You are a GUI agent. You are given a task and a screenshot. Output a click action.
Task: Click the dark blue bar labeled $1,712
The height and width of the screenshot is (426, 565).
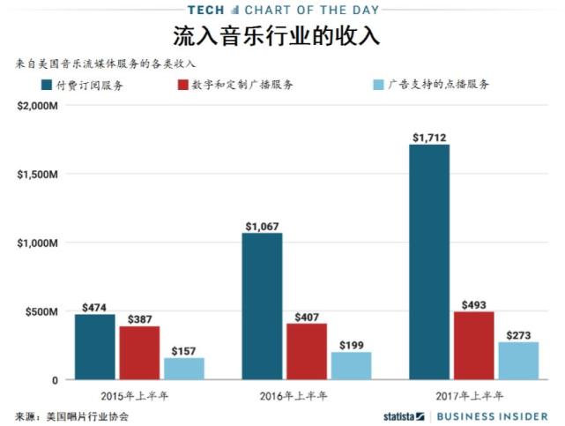(x=429, y=262)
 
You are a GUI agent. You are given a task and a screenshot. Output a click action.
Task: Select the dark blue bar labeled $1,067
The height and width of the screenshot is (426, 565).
(x=262, y=306)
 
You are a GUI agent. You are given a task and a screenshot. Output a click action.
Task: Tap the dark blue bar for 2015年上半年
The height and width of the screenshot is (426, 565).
(x=94, y=347)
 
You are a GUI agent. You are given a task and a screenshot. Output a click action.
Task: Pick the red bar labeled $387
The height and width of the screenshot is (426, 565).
(x=138, y=353)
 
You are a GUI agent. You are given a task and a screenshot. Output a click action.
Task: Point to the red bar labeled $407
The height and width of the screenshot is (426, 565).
(x=306, y=351)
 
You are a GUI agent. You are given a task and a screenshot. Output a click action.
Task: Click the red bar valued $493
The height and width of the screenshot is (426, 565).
(x=473, y=345)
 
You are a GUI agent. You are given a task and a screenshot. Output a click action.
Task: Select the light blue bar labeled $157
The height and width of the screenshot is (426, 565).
(x=183, y=369)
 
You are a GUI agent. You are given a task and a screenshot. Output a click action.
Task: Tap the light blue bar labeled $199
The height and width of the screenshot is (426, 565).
(x=351, y=366)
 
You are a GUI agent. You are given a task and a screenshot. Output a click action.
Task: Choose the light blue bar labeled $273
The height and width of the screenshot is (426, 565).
(x=518, y=361)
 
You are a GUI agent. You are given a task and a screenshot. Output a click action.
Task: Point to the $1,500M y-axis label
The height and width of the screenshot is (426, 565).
(x=36, y=174)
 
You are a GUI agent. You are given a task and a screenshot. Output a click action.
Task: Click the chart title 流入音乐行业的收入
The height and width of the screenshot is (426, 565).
(x=282, y=37)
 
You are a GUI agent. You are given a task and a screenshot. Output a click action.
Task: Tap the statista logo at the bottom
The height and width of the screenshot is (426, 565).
(x=404, y=415)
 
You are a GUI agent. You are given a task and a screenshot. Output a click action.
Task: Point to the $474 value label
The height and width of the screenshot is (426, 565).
(x=94, y=306)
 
